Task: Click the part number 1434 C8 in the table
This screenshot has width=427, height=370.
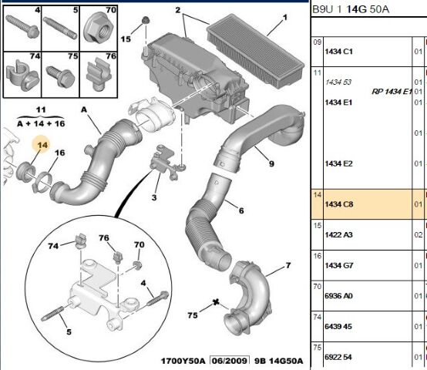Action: [x=338, y=204]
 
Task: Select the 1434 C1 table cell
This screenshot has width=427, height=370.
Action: [x=338, y=51]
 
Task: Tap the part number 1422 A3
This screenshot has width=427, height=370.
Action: [x=338, y=234]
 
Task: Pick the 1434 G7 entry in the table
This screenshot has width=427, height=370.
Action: [x=338, y=265]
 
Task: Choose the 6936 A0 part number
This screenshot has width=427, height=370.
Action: [x=338, y=295]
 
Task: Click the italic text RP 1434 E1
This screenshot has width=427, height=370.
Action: [x=392, y=91]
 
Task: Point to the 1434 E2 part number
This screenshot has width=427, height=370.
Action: [x=338, y=163]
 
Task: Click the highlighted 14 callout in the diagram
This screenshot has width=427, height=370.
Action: [x=42, y=144]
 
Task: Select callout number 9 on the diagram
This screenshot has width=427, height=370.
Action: [x=271, y=163]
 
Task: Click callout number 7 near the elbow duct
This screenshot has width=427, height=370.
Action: [x=287, y=266]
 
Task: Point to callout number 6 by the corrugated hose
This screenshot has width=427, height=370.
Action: [x=240, y=210]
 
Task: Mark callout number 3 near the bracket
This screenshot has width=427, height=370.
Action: [x=154, y=198]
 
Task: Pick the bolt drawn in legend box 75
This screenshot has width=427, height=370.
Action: [x=60, y=76]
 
